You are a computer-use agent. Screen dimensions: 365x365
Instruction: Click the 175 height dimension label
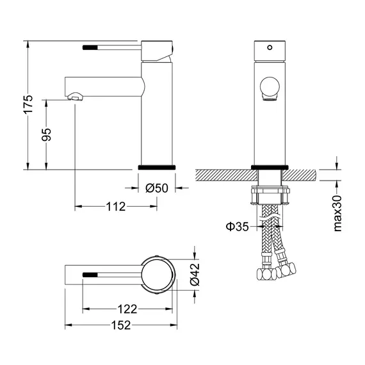tap(28, 104)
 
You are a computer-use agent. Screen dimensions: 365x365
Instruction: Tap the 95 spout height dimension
tap(46, 134)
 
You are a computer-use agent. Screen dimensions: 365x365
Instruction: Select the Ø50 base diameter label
tap(157, 188)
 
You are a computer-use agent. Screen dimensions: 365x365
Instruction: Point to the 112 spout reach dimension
tap(116, 206)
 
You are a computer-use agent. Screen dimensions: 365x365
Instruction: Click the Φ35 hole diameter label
tap(237, 226)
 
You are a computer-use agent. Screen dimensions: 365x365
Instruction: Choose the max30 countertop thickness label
tap(337, 213)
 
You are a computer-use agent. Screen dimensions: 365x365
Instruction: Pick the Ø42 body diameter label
tap(195, 275)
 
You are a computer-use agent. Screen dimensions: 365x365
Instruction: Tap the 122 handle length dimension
tap(127, 309)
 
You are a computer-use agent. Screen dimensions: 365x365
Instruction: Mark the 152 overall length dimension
tap(121, 325)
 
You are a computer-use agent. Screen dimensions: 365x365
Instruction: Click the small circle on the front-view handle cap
tap(270, 47)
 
